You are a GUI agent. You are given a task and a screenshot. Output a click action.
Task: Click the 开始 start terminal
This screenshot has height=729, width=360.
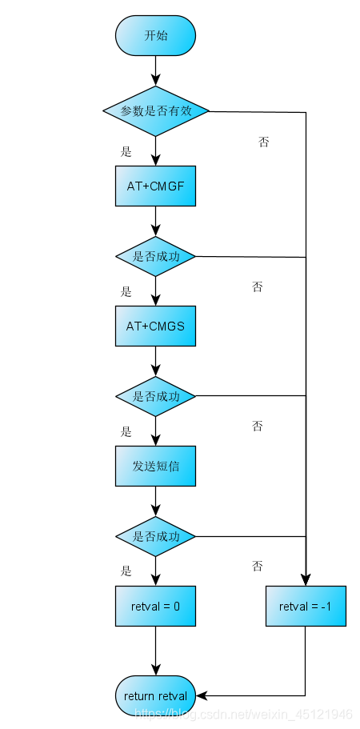coord(155,36)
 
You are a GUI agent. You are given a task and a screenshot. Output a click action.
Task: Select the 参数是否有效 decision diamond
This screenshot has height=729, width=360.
coord(156,110)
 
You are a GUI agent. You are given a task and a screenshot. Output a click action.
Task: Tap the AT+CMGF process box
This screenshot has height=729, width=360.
coord(155,186)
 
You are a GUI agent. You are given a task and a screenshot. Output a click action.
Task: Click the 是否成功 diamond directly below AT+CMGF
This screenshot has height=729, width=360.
coord(156,257)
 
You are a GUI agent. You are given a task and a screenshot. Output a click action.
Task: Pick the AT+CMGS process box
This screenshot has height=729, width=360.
coord(155,326)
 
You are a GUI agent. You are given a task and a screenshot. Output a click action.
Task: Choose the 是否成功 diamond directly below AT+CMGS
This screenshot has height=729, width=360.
coord(156,396)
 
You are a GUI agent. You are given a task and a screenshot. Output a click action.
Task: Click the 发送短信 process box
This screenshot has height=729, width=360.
coord(155,466)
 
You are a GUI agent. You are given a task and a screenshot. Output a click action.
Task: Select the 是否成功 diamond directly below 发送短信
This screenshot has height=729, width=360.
coord(156,535)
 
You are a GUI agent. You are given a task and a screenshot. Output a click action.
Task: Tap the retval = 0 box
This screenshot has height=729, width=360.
coord(155,607)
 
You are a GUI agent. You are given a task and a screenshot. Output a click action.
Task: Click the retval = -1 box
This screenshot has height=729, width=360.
coord(306,607)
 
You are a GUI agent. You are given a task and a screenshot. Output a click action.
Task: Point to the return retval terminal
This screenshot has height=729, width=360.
coord(155,695)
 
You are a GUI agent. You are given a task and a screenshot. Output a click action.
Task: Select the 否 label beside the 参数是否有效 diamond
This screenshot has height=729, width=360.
coord(263,142)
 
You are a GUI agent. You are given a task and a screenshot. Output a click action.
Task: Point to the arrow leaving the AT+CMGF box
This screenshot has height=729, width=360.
coord(155,221)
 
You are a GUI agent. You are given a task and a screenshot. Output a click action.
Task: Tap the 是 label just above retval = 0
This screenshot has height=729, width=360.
coord(126,571)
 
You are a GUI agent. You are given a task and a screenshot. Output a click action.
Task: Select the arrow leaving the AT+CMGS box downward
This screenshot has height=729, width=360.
coord(155,361)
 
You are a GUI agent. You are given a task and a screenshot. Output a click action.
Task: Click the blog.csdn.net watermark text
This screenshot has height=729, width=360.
coord(243,714)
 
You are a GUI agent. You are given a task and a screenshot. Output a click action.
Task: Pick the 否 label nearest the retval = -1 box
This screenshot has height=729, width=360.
coord(258,566)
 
